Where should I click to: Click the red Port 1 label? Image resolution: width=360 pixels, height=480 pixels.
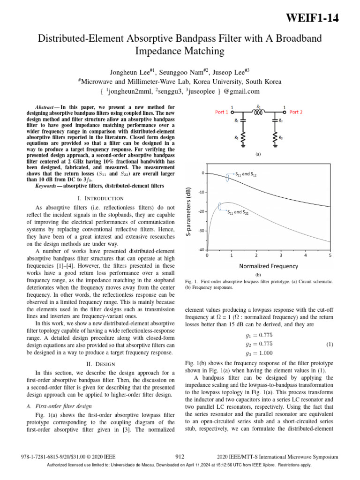[222, 112]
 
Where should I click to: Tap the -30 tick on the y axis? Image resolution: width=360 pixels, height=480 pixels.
[200, 231]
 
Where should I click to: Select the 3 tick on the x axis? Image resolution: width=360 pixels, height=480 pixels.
[281, 256]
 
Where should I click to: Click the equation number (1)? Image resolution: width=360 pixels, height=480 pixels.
[330, 345]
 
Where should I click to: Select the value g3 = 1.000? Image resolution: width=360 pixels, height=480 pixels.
[259, 353]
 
